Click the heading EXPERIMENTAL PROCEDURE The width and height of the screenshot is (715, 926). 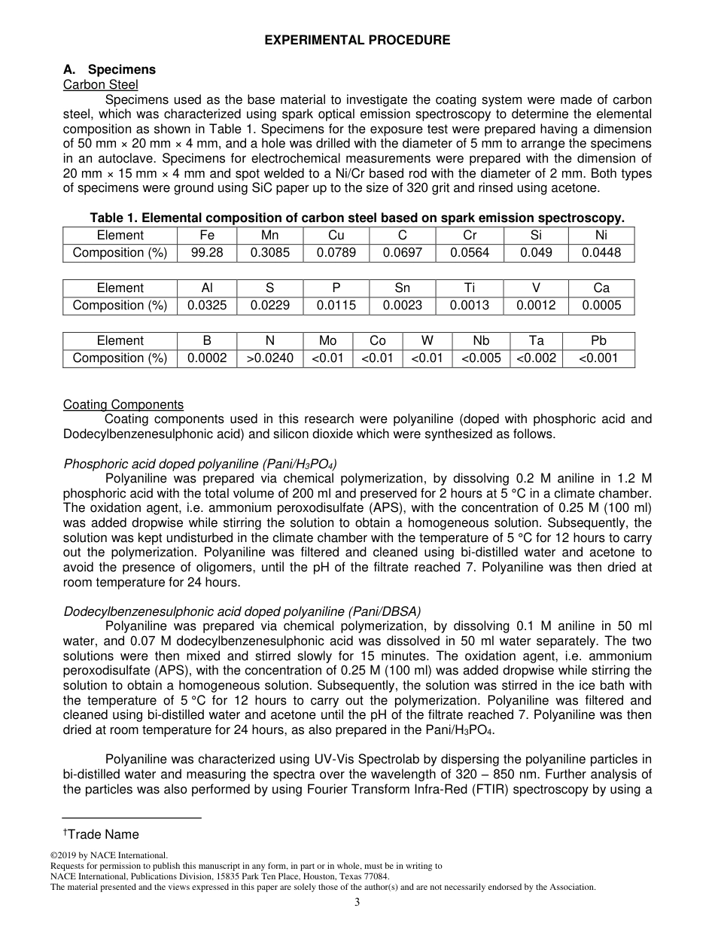357,41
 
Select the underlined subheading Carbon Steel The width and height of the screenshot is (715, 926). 100,85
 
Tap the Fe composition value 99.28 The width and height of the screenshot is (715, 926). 207,253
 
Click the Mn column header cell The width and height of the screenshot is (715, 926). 269,236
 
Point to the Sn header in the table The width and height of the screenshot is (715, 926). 403,288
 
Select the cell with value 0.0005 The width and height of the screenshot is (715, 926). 601,306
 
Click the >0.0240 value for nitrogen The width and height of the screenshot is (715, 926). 269,358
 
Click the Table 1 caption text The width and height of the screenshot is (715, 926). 357,218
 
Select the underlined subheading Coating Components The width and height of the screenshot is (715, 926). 123,405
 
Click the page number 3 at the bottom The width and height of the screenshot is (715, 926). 357,903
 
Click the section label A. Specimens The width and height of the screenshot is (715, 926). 109,70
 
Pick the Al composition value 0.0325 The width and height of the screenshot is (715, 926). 207,306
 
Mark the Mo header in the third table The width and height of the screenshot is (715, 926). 327,341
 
